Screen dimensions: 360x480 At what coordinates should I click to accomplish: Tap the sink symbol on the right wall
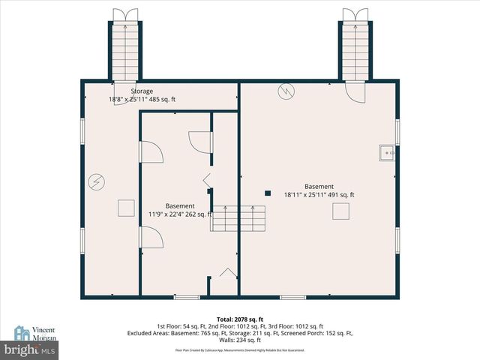click(387, 152)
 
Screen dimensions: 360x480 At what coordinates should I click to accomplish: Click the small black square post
click(267, 193)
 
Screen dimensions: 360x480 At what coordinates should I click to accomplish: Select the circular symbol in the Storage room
click(96, 181)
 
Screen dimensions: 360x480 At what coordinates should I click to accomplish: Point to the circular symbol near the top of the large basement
click(284, 91)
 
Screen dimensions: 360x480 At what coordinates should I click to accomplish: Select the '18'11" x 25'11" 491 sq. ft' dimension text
click(319, 195)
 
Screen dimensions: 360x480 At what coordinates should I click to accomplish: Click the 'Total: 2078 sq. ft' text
click(239, 319)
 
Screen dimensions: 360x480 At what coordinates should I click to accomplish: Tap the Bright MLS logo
click(30, 349)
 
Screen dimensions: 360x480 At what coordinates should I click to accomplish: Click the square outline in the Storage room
click(125, 208)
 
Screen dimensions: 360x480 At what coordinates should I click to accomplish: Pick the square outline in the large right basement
click(341, 212)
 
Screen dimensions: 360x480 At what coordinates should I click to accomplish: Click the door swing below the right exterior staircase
click(352, 91)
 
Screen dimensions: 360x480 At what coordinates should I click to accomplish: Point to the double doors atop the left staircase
click(121, 14)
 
